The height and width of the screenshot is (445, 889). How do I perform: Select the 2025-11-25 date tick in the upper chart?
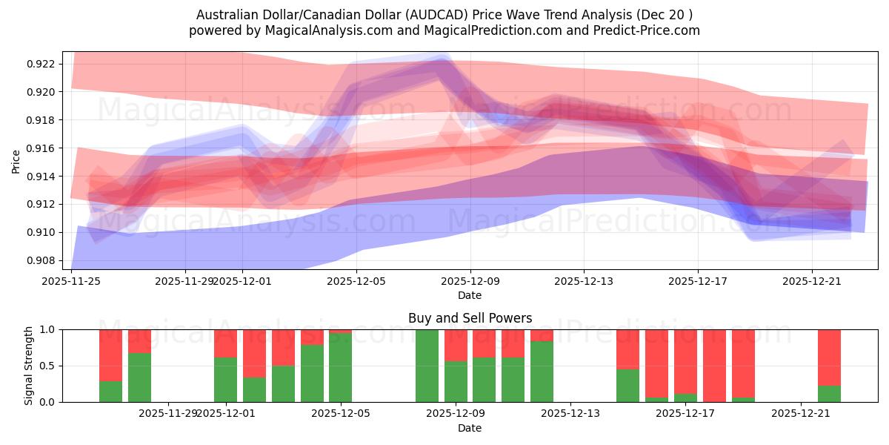(x=72, y=281)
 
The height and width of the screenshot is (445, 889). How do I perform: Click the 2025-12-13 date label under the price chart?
(x=583, y=281)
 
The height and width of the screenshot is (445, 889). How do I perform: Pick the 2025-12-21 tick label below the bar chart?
(x=802, y=414)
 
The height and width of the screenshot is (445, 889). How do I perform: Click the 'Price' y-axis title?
(x=16, y=162)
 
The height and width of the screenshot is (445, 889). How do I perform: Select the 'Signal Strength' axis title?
(x=29, y=366)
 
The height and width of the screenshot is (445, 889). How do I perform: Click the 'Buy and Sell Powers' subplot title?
(x=470, y=318)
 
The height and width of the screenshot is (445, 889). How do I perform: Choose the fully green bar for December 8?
(x=427, y=366)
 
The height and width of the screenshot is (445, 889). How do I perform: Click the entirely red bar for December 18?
(x=714, y=366)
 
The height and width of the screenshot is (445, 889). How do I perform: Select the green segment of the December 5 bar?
(x=341, y=368)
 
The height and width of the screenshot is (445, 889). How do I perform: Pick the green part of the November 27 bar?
(x=139, y=378)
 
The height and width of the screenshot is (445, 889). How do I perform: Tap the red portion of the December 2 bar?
(x=254, y=353)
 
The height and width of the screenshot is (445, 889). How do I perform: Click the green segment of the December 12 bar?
(x=542, y=372)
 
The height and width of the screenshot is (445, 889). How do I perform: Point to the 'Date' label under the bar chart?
(x=470, y=428)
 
